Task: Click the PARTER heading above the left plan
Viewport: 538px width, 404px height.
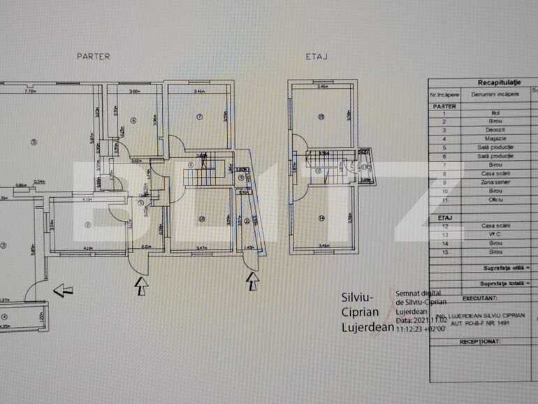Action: tap(93, 57)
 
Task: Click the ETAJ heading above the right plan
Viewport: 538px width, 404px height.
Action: tap(317, 57)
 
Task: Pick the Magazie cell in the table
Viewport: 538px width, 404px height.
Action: tap(495, 138)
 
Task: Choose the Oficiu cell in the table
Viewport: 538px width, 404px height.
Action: tap(495, 200)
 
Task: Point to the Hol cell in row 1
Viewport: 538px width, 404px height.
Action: tap(495, 113)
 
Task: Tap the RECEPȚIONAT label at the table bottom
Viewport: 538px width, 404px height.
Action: tap(481, 342)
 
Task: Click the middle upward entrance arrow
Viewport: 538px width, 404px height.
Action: tap(140, 284)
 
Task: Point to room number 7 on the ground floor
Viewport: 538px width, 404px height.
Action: tap(199, 117)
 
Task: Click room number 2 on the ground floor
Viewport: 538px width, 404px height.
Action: tap(87, 224)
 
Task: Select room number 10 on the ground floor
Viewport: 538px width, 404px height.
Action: tap(201, 219)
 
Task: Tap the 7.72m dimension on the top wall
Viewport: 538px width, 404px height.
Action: tap(29, 91)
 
